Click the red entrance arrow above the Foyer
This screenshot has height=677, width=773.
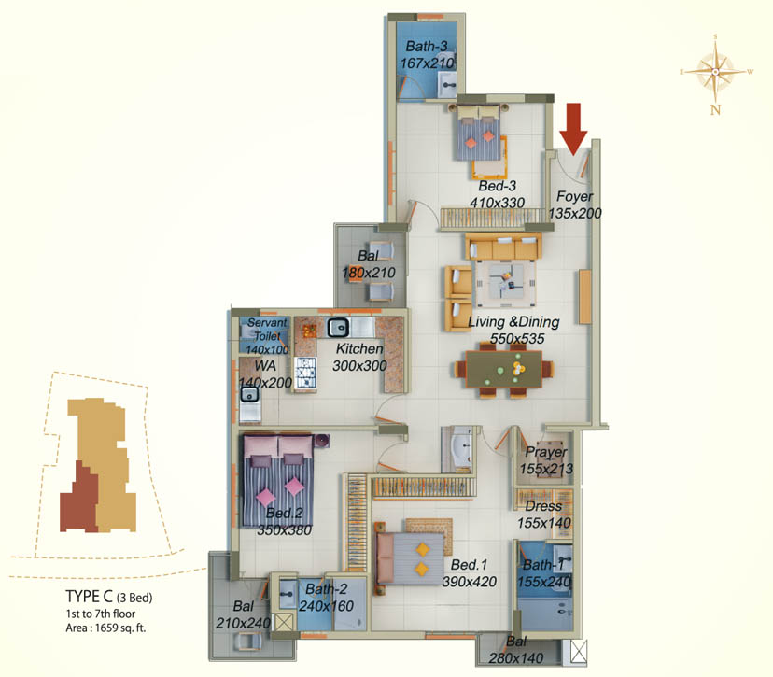click(x=573, y=129)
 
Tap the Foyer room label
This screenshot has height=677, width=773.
click(x=574, y=196)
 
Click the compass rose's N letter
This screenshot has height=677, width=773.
click(x=715, y=109)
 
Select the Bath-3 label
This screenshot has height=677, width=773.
click(x=427, y=47)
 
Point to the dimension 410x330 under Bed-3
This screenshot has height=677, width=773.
click(x=497, y=203)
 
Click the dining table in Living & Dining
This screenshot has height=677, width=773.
click(x=503, y=368)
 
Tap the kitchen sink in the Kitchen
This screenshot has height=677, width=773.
click(x=338, y=328)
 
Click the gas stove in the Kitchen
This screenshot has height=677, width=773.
click(x=305, y=373)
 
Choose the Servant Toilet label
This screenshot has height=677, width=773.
click(x=267, y=329)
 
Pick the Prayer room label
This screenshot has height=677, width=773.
click(x=546, y=452)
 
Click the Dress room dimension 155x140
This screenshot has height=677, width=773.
click(x=543, y=523)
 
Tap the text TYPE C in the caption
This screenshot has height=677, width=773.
click(x=90, y=597)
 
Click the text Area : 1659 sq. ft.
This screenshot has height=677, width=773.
click(x=106, y=628)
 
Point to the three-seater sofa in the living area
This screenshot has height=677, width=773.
click(x=503, y=247)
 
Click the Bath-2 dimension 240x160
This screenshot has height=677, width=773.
click(x=327, y=606)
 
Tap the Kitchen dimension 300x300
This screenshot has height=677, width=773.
click(x=359, y=366)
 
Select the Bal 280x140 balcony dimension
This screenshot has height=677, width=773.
click(x=516, y=657)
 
